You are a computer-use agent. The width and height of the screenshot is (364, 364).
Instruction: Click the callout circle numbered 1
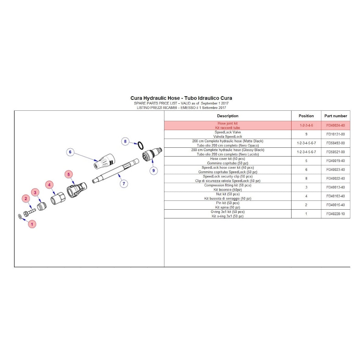click(32, 224)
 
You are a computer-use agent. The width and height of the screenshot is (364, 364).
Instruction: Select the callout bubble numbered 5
click(69, 174)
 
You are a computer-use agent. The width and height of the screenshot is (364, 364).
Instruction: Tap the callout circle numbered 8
click(125, 141)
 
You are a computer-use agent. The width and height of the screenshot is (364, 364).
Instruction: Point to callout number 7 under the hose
click(124, 184)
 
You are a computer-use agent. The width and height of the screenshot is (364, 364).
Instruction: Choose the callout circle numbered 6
click(70, 152)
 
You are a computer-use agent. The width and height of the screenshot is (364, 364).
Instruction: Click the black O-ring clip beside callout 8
click(140, 145)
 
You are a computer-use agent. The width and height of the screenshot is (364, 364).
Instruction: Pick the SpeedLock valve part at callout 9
click(152, 153)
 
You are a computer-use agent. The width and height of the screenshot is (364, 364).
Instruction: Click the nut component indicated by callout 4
click(58, 198)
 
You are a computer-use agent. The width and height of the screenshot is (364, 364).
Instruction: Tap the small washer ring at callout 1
click(20, 216)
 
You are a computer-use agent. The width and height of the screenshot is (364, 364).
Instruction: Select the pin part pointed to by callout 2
click(29, 211)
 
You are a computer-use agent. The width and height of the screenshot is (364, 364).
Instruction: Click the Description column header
click(227, 116)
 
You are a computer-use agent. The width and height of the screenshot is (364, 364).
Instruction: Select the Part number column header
click(335, 116)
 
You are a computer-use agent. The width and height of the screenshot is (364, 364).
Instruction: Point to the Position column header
click(306, 116)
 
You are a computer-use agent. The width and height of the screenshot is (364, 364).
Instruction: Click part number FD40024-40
click(335, 126)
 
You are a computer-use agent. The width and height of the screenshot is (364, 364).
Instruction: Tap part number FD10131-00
click(335, 134)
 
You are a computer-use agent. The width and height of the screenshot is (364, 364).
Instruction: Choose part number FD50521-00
click(335, 152)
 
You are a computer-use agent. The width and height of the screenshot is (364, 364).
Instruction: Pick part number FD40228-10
click(335, 214)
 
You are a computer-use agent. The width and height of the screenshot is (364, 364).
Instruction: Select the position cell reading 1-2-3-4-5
click(306, 126)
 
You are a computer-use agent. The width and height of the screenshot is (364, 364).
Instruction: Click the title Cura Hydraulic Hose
click(181, 98)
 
